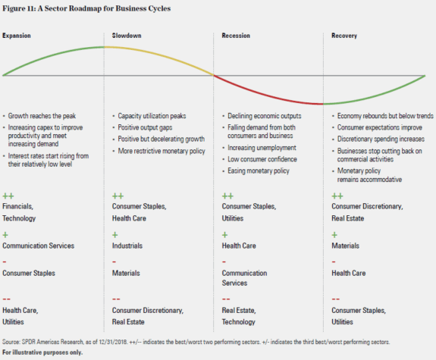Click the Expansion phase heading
point(17,36)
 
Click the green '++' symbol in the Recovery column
point(337,196)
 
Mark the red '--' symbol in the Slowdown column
point(118,299)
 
